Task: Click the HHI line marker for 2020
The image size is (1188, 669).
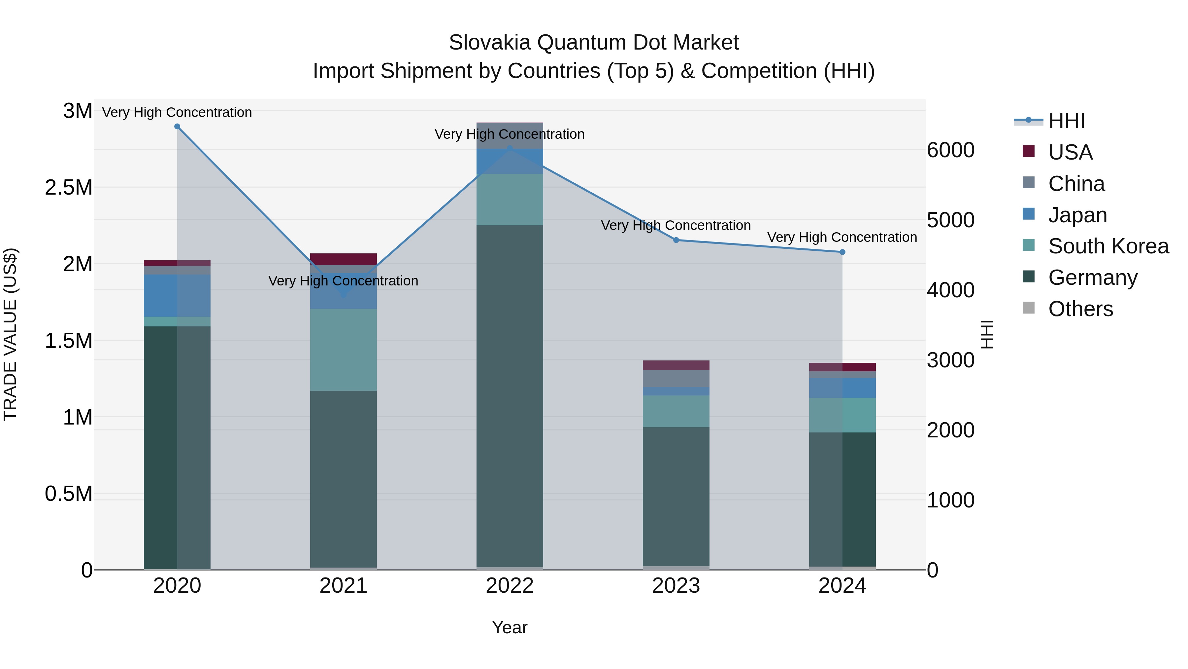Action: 177,127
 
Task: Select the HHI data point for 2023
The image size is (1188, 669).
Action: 676,240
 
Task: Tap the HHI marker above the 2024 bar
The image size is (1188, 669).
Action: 842,252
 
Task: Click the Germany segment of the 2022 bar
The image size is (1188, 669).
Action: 510,397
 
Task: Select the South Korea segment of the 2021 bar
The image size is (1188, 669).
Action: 343,350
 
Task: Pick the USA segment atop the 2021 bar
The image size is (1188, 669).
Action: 343,259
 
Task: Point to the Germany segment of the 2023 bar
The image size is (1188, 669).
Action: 676,496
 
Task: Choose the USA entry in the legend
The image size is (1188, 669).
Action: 1070,152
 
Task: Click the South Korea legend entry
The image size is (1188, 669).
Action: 1108,246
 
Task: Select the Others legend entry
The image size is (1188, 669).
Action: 1080,309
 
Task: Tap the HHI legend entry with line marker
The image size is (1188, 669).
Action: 1066,121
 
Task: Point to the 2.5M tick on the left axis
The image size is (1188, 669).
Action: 68,187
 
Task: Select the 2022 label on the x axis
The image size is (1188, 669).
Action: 510,586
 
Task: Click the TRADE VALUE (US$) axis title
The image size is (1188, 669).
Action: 10,334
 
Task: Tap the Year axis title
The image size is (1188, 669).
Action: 510,627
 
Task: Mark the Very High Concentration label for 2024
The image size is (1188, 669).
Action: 842,237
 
